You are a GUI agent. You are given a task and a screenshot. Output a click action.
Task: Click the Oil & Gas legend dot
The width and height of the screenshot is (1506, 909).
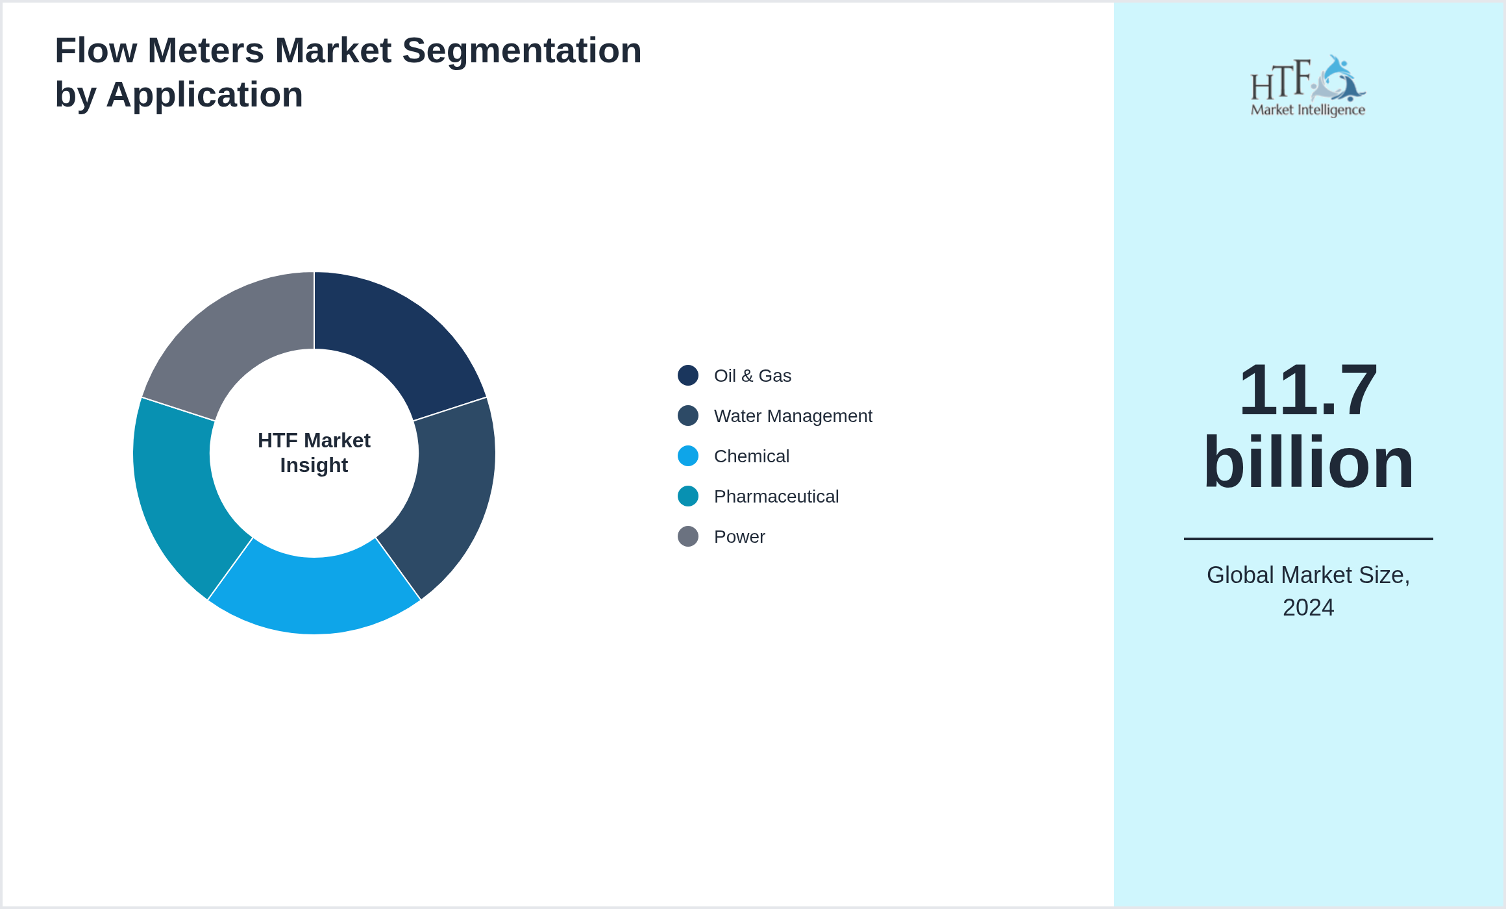(688, 375)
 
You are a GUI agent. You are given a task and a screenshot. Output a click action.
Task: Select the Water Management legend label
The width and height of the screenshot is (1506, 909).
(793, 416)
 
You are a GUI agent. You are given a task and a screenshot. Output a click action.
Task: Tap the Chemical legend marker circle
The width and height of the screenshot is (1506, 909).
(688, 456)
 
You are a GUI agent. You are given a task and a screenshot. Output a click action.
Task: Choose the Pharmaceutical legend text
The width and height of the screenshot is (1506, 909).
(776, 497)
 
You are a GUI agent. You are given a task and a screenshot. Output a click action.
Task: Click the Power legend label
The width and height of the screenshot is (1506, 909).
(739, 537)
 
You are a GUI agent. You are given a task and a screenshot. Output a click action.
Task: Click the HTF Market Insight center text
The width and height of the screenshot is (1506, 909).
(314, 453)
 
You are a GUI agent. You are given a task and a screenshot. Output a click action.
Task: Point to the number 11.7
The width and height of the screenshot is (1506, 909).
(1308, 390)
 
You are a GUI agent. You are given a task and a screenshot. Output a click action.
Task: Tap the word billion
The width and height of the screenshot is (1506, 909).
(1308, 462)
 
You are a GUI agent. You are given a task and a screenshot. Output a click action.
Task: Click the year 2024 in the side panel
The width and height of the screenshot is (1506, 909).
(1308, 608)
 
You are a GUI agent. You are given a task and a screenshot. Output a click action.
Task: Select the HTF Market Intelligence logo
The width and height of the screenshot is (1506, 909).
(1308, 86)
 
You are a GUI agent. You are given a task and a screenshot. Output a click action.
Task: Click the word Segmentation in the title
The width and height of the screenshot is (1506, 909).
(522, 51)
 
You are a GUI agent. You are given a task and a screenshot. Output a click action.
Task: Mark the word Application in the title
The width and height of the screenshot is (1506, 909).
(204, 95)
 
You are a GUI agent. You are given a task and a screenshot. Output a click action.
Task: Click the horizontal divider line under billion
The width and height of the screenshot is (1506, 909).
(1308, 538)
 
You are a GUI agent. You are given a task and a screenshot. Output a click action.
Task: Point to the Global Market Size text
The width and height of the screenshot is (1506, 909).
(1308, 575)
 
